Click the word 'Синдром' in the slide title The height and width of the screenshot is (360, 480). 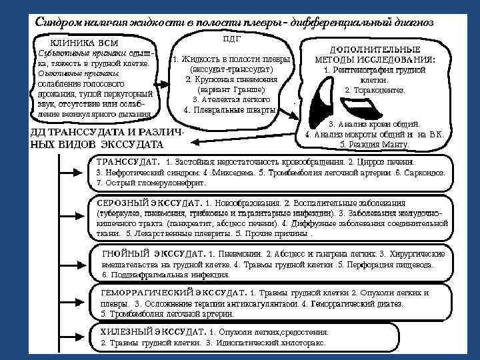[x=59, y=21]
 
